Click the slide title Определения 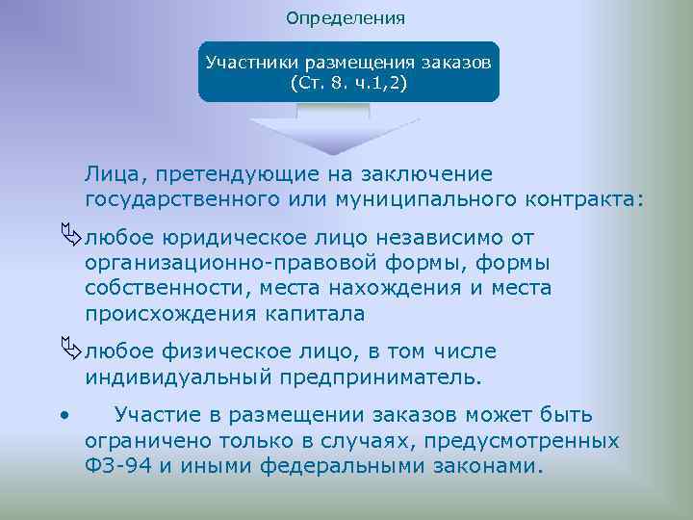coord(346,18)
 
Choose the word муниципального coord(412,199)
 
